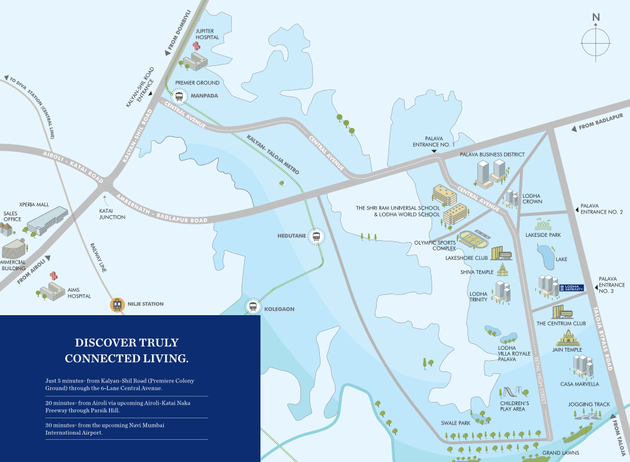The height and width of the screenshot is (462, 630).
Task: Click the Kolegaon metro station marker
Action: [x=253, y=307]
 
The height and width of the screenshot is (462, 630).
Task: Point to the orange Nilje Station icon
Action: [x=118, y=304]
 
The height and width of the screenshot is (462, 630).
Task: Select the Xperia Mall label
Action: [x=34, y=204]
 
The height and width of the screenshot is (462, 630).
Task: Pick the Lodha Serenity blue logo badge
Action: [x=572, y=288]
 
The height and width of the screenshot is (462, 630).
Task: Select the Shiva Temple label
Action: [x=477, y=272]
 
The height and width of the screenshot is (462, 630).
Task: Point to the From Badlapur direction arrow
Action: [x=573, y=129]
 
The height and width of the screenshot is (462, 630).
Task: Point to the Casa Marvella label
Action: [x=575, y=384]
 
